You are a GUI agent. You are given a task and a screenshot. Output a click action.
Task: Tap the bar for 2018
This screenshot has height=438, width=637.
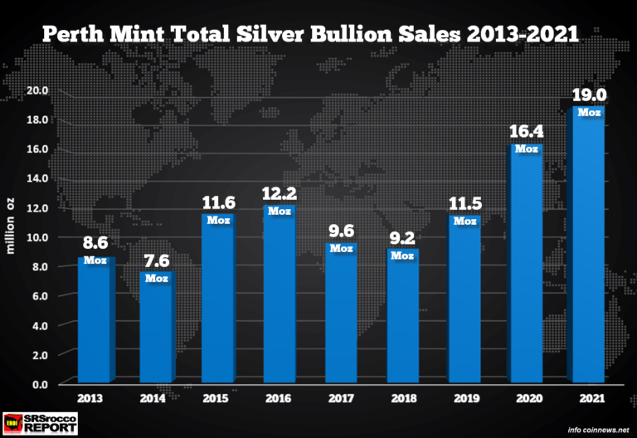(402, 315)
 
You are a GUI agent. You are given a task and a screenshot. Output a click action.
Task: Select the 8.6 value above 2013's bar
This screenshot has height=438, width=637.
(95, 245)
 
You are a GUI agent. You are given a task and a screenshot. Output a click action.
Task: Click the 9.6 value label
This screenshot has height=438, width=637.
(341, 230)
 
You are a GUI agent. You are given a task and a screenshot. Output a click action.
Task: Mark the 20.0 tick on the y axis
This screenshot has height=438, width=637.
(38, 90)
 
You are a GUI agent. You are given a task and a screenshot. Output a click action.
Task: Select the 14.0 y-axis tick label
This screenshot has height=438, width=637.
(38, 178)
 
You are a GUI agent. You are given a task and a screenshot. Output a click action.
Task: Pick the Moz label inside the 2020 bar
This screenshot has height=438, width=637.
(526, 149)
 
